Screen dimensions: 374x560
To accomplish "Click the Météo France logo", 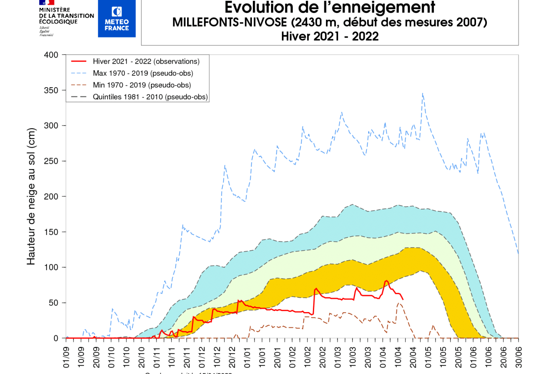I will coord(117,18).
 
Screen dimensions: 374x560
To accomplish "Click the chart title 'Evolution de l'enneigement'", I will coord(329,7).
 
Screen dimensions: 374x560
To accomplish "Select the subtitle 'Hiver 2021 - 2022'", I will coord(329,37).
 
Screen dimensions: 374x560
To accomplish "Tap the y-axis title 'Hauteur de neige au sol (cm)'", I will coord(31,196).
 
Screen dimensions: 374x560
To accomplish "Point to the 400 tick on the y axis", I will coord(51,55).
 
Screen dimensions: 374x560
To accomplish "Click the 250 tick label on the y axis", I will coord(51,161).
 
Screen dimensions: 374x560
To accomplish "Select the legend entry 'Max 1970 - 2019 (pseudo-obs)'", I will coord(143,73).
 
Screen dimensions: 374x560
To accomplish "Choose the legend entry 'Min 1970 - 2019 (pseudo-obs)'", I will coord(142,85).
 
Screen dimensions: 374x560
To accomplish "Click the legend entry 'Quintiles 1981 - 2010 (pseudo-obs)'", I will coord(150,97).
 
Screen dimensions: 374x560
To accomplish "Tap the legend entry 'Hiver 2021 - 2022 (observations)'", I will coord(146,61).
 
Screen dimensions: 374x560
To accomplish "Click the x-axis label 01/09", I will coord(67,357).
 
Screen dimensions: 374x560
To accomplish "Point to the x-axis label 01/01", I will coord(247,357).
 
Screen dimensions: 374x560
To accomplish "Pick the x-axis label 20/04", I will coord(412,357).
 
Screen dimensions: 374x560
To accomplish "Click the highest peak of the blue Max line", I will coord(423,93).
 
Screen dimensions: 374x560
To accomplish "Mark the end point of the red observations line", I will coord(403,299).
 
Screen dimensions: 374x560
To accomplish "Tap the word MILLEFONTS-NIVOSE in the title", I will coord(230,23).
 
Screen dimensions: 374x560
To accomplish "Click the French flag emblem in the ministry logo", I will coord(47,2).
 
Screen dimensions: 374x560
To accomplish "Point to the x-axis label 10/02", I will coord(307,357).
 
